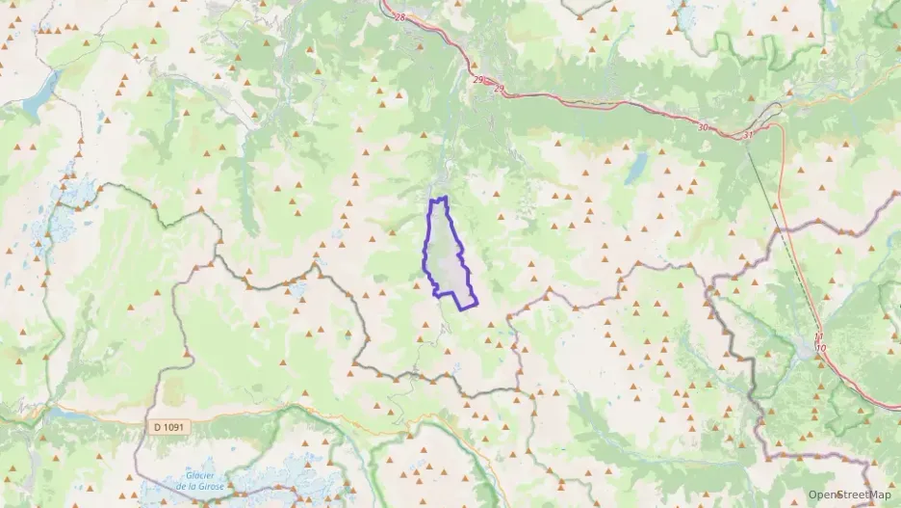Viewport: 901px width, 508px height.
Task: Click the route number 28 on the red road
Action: tap(400, 17)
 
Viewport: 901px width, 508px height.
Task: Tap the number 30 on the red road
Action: tap(702, 127)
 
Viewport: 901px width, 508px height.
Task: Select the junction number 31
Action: tap(748, 135)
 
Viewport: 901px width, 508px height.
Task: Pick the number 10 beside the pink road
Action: tap(820, 346)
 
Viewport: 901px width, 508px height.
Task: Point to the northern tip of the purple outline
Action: tap(444, 198)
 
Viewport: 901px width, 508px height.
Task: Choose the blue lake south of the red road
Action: tap(636, 168)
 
